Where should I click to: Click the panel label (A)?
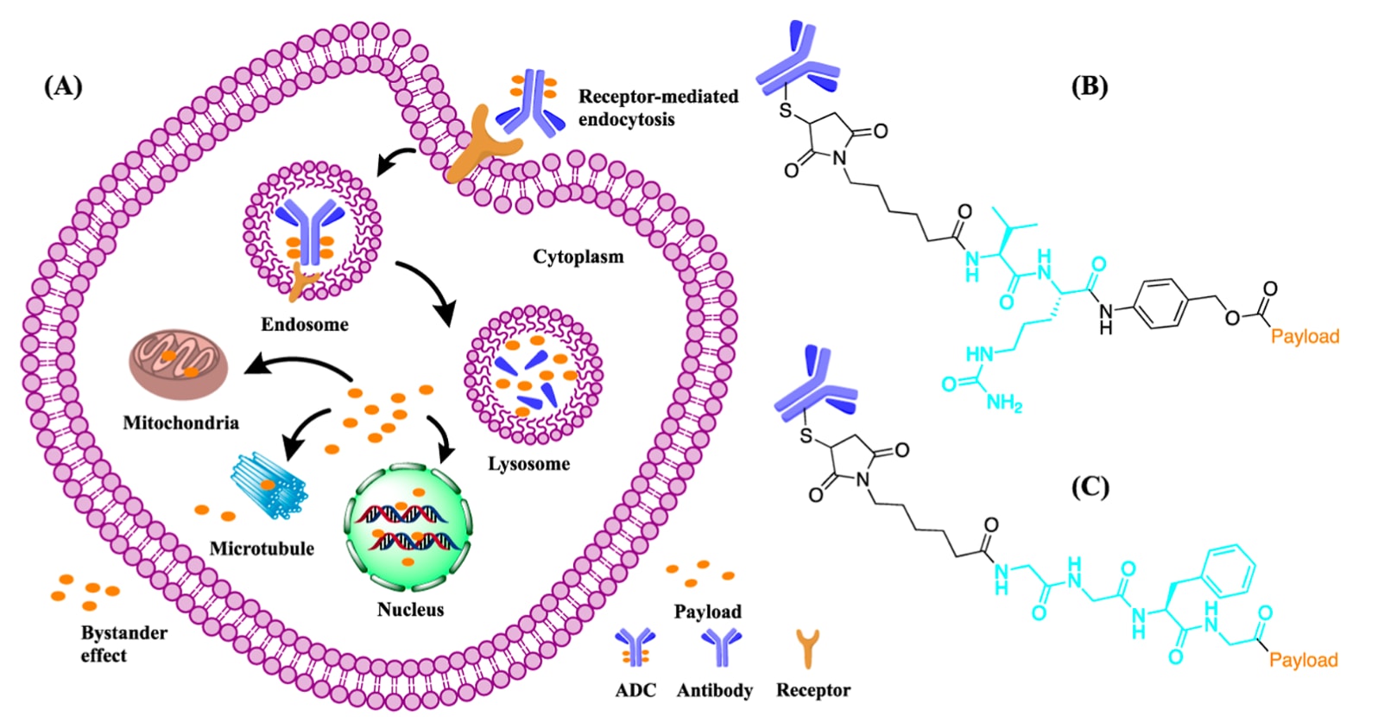coord(63,86)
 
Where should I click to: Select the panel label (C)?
coord(1090,487)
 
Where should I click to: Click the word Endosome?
coord(305,325)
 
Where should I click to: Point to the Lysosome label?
coord(528,464)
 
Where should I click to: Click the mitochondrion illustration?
coord(179,364)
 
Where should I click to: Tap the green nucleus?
coord(409,528)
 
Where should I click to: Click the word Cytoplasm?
coord(578,257)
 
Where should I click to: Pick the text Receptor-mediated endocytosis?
coord(658,108)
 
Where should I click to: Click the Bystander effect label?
coord(124,644)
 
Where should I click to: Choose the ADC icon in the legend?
coord(635,647)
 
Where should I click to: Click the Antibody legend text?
coord(715,690)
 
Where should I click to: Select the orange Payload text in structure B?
coord(1305,337)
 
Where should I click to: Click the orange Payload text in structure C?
coord(1303,661)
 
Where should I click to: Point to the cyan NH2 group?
coord(1003,403)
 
